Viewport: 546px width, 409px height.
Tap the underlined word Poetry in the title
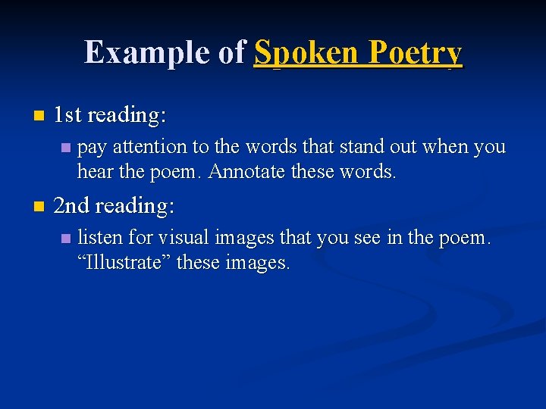tap(415, 52)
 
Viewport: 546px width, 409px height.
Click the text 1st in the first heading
tap(68, 115)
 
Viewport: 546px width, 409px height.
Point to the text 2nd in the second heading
tap(72, 206)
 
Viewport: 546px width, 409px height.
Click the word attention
tap(154, 146)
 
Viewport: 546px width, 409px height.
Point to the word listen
tap(99, 238)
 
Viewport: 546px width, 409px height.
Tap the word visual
tap(184, 238)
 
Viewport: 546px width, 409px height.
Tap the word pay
tap(92, 147)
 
